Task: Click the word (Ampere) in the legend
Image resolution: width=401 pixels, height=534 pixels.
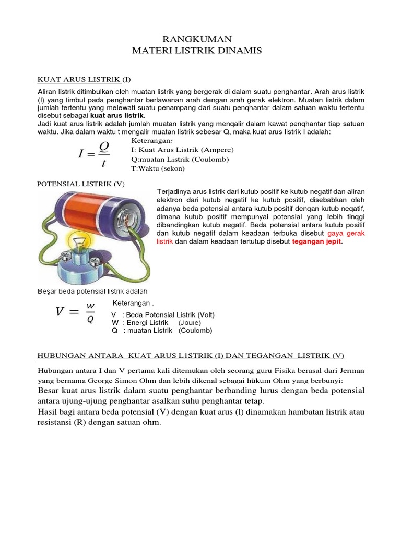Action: pyautogui.click(x=209, y=150)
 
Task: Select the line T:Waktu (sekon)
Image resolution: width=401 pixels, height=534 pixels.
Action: pyautogui.click(x=158, y=168)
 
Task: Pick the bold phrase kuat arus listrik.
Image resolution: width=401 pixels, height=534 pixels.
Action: pyautogui.click(x=118, y=115)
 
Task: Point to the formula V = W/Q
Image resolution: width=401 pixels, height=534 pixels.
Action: pyautogui.click(x=76, y=312)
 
